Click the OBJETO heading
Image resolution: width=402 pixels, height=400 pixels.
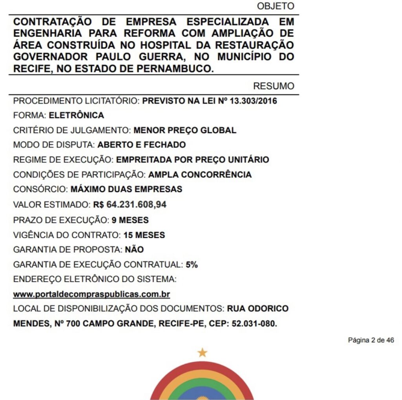click(x=275, y=6)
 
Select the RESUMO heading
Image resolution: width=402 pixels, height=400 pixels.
click(x=273, y=86)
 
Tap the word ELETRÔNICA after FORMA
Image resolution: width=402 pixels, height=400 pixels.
click(x=76, y=116)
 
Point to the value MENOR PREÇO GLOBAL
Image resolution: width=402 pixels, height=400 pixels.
click(x=185, y=130)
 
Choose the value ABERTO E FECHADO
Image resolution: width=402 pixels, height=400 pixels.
click(x=141, y=145)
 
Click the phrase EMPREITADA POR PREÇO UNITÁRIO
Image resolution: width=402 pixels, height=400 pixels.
click(x=193, y=160)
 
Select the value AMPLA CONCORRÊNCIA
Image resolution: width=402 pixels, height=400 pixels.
click(x=200, y=174)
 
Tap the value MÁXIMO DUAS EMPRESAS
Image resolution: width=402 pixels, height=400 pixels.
click(x=126, y=189)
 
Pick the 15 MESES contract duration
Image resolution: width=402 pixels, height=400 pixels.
click(x=144, y=235)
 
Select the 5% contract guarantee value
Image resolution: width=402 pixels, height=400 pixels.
click(x=192, y=265)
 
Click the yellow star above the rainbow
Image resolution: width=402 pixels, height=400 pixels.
click(x=202, y=352)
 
